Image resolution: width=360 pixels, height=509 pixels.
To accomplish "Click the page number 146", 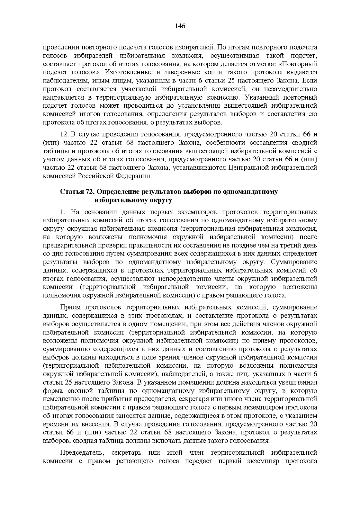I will click(180, 26).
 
